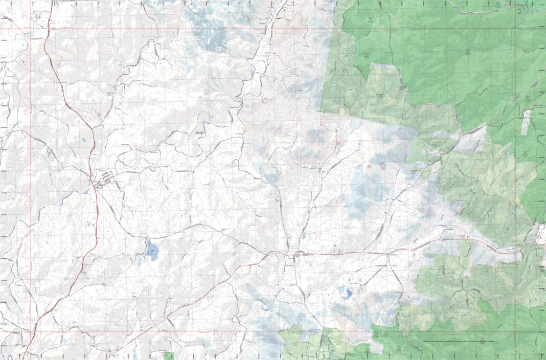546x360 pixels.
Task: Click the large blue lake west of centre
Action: coord(151,250)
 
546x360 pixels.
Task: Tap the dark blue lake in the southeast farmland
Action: coord(349,294)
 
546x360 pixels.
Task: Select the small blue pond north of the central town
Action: coord(304,237)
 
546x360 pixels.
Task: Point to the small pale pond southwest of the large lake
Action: coord(139,262)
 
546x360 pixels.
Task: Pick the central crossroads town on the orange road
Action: coord(297,254)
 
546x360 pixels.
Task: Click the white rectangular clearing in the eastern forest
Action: coord(526,123)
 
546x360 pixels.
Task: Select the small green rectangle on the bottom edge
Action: coord(169,355)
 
